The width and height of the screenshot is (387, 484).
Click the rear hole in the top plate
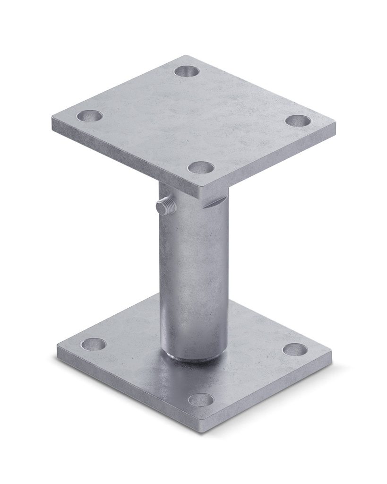[186, 71]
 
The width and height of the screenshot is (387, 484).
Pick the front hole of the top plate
[201, 167]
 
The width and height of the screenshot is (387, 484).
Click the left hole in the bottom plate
[93, 344]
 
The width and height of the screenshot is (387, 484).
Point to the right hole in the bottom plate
[295, 349]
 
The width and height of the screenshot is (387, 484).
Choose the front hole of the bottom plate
[201, 400]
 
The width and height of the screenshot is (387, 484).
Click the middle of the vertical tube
[194, 274]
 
